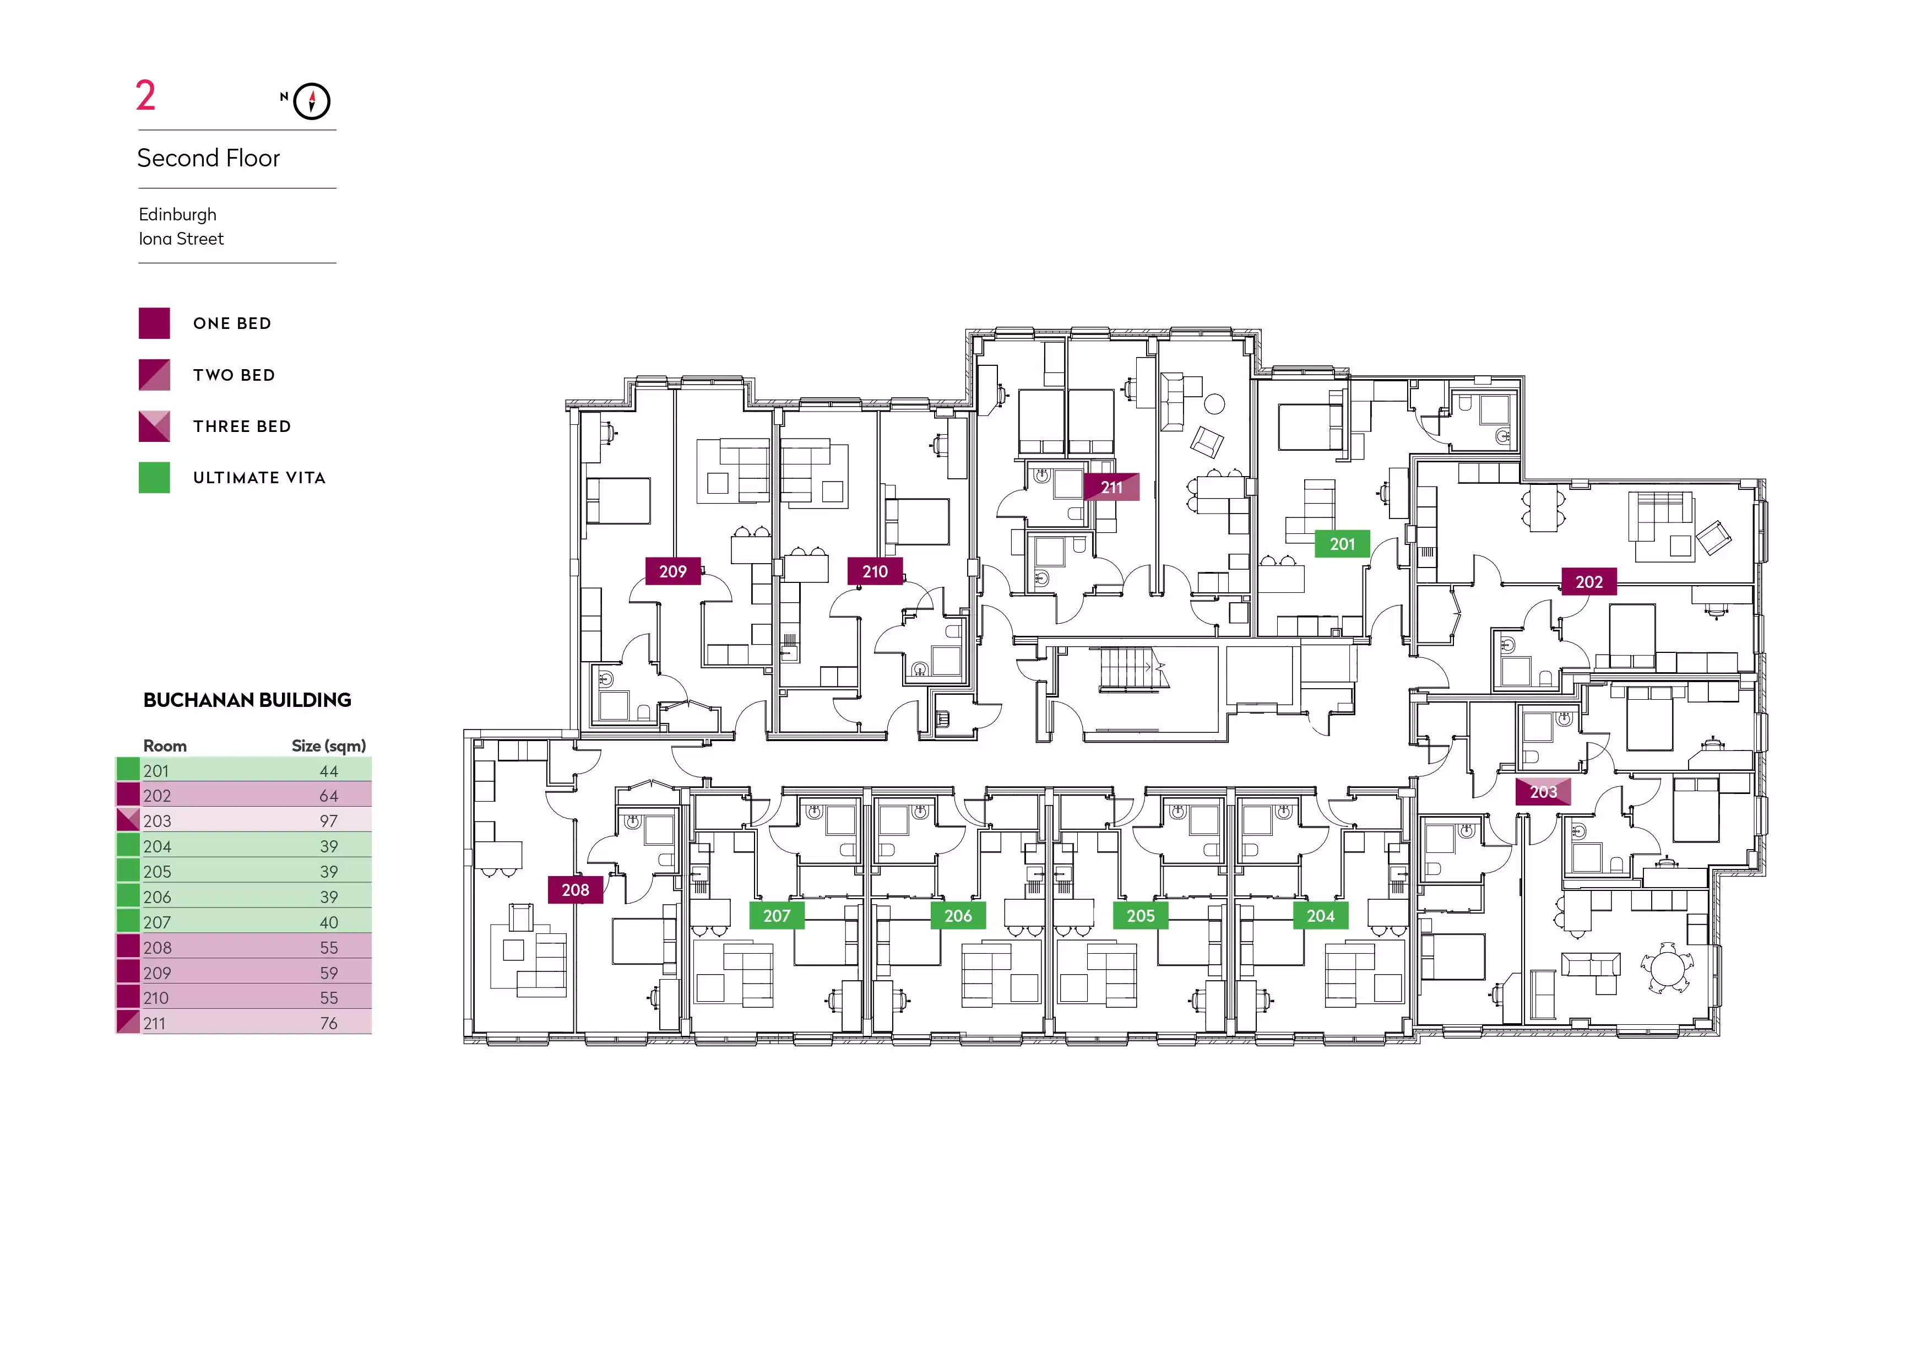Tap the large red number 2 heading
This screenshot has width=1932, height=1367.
click(x=145, y=95)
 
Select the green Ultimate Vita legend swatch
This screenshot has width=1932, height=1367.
click(x=154, y=477)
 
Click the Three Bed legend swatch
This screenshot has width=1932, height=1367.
click(x=154, y=426)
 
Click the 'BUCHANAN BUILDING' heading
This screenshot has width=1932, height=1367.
click(x=247, y=700)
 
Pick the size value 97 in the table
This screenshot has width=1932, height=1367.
click(x=329, y=821)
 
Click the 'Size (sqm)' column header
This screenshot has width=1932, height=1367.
click(x=329, y=746)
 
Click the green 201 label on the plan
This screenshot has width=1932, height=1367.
click(x=1342, y=544)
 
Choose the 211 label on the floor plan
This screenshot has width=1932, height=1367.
click(x=1111, y=488)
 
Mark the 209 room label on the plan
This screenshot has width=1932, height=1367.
click(x=673, y=571)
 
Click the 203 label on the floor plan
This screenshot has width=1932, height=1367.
click(x=1543, y=792)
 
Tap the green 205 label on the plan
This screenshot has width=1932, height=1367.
click(x=1141, y=916)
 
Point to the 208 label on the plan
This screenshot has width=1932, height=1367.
click(x=576, y=890)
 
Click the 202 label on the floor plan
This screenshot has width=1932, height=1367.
click(x=1589, y=582)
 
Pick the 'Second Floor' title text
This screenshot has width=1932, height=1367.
click(x=209, y=158)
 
